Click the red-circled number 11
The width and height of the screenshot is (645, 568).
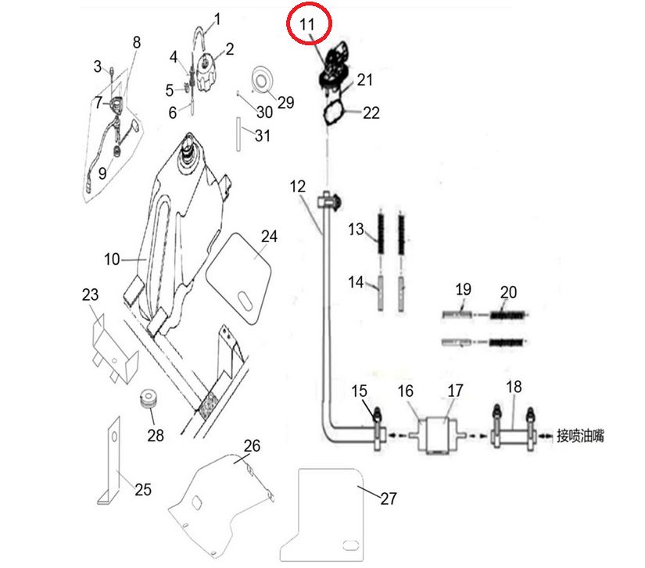[x=308, y=25]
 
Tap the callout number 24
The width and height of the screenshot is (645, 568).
[x=269, y=236]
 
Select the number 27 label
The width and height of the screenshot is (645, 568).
[x=389, y=498]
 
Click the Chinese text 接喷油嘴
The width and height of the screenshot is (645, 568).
[x=580, y=435]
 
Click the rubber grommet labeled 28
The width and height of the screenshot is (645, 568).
[x=148, y=400]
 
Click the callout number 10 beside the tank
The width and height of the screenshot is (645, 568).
[x=112, y=259]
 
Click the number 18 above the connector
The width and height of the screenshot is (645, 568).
[x=514, y=388]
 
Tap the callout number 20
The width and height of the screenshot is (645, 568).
[x=508, y=292]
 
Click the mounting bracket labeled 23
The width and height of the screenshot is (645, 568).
[x=109, y=347]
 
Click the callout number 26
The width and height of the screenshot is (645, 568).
[x=251, y=447]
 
